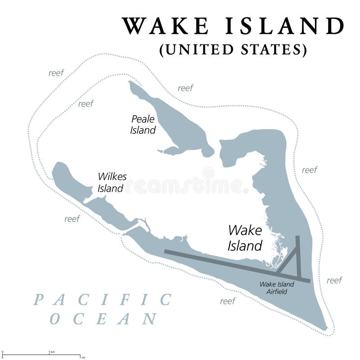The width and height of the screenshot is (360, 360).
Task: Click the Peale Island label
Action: pos(143,125)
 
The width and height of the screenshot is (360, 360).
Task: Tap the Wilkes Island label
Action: pos(112,182)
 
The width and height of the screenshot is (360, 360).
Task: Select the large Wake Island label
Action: pos(245,238)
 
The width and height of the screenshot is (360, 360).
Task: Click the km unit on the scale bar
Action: pos(53,351)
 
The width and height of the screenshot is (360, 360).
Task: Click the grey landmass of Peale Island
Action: pos(175,126)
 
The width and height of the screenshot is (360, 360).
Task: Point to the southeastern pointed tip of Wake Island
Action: pos(325,328)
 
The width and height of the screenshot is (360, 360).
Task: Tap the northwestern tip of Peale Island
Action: pos(131,83)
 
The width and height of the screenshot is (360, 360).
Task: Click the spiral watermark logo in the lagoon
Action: pos(208,173)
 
